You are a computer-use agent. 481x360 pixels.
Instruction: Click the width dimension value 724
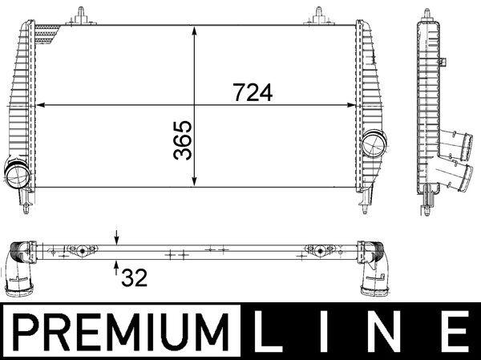[x=253, y=93]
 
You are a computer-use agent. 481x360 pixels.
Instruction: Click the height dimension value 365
[x=184, y=140]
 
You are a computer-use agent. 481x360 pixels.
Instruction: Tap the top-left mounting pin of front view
[x=81, y=14]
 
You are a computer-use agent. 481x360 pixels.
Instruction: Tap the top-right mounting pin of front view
[x=317, y=14]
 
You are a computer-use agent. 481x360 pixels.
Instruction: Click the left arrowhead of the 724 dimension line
[x=42, y=104]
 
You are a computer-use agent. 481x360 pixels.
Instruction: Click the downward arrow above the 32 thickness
[x=116, y=238]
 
